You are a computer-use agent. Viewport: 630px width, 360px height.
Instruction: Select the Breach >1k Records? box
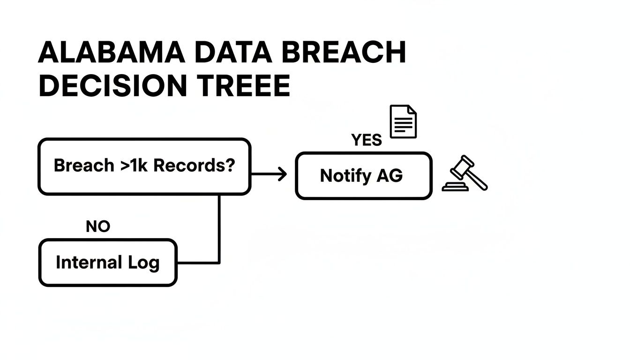pos(144,166)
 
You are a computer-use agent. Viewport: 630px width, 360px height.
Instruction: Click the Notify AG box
pos(363,176)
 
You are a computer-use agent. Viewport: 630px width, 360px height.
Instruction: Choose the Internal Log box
pos(108,262)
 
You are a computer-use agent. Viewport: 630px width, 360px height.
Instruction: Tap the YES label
pos(366,140)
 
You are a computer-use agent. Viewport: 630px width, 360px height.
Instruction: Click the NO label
pos(98,227)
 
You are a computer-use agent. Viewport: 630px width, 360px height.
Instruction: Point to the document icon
pos(403,121)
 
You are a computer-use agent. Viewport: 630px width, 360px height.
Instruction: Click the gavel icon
pos(465,173)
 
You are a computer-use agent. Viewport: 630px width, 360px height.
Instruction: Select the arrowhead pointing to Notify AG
pos(282,174)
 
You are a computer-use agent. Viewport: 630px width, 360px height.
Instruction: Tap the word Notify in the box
pos(346,176)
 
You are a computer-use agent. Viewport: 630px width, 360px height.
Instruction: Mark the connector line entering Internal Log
pos(197,262)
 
